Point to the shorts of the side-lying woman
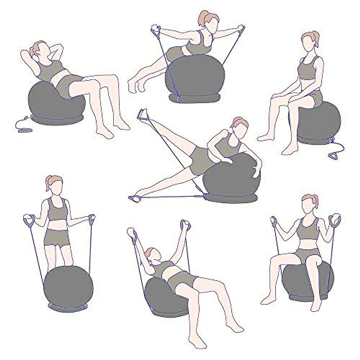click(x=201, y=157)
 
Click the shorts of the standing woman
click(x=57, y=237)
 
